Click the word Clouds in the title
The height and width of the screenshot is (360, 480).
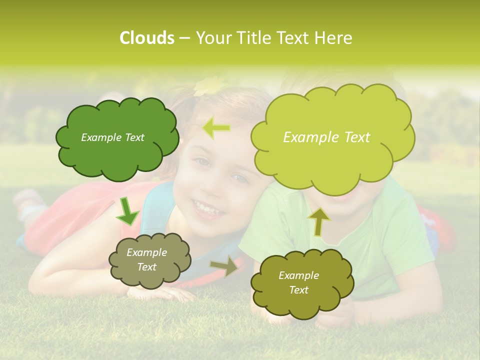(x=146, y=38)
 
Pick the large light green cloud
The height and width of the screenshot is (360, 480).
(x=332, y=137)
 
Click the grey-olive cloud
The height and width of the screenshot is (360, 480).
(x=149, y=260)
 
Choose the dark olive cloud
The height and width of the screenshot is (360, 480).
(x=302, y=283)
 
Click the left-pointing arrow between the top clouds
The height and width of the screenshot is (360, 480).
(x=216, y=128)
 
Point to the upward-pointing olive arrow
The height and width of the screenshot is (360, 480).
(x=318, y=222)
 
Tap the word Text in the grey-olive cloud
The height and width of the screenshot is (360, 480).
(x=146, y=267)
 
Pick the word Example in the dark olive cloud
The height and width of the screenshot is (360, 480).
(x=298, y=275)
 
